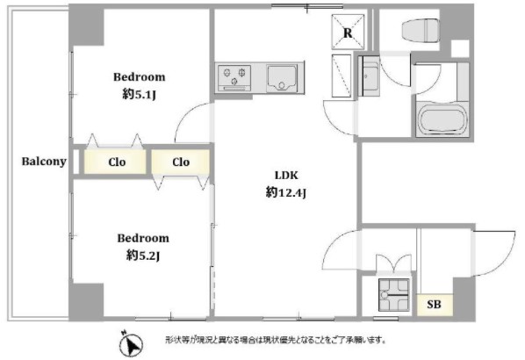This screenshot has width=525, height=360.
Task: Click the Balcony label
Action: click(44, 162)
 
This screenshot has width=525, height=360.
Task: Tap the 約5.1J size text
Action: click(140, 95)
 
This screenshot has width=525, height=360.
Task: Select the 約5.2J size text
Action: click(143, 256)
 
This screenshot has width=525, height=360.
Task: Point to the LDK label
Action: click(286, 175)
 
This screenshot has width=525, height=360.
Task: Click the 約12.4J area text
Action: click(286, 192)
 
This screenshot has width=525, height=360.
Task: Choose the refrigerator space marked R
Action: click(348, 32)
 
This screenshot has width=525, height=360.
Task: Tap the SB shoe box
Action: click(435, 305)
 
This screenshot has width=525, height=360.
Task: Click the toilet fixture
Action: click(421, 31)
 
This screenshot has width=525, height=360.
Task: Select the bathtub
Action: click(442, 120)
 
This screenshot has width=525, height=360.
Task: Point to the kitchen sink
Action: click(282, 78)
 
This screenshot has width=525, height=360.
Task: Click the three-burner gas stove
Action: click(234, 78)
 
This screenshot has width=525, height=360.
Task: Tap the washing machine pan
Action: click(393, 295)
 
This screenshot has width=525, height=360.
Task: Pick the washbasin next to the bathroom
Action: click(369, 76)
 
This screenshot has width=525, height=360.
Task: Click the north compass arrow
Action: click(132, 343)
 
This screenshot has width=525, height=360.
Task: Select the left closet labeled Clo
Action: click(115, 162)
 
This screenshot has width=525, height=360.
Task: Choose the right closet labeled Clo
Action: click(181, 162)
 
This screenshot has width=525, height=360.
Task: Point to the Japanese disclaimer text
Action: click(276, 340)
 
